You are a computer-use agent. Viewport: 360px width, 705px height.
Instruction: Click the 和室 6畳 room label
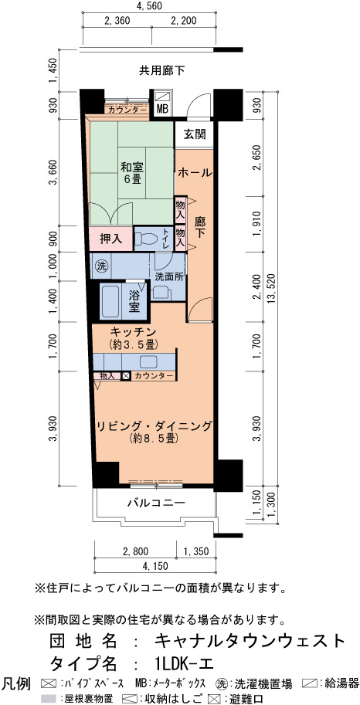pyautogui.click(x=132, y=173)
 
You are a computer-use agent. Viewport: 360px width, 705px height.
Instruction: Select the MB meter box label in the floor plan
pyautogui.click(x=161, y=109)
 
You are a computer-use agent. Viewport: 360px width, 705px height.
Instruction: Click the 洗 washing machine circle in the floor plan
pyautogui.click(x=100, y=266)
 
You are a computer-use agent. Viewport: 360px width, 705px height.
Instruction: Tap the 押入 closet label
pyautogui.click(x=111, y=239)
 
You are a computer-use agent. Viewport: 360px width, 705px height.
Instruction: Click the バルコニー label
pyautogui.click(x=156, y=502)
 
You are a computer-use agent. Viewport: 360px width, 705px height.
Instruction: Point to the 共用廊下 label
pyautogui.click(x=161, y=70)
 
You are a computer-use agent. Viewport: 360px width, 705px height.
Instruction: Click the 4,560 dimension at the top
pyautogui.click(x=148, y=6)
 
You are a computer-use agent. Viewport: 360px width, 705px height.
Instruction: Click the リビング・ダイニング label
pyautogui.click(x=154, y=425)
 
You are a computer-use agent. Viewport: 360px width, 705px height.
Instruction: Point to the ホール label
pyautogui.click(x=195, y=172)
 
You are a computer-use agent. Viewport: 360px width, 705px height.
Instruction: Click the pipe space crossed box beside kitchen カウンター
pyautogui.click(x=126, y=375)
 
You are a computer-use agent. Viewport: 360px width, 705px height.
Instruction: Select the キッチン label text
pyautogui.click(x=133, y=332)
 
